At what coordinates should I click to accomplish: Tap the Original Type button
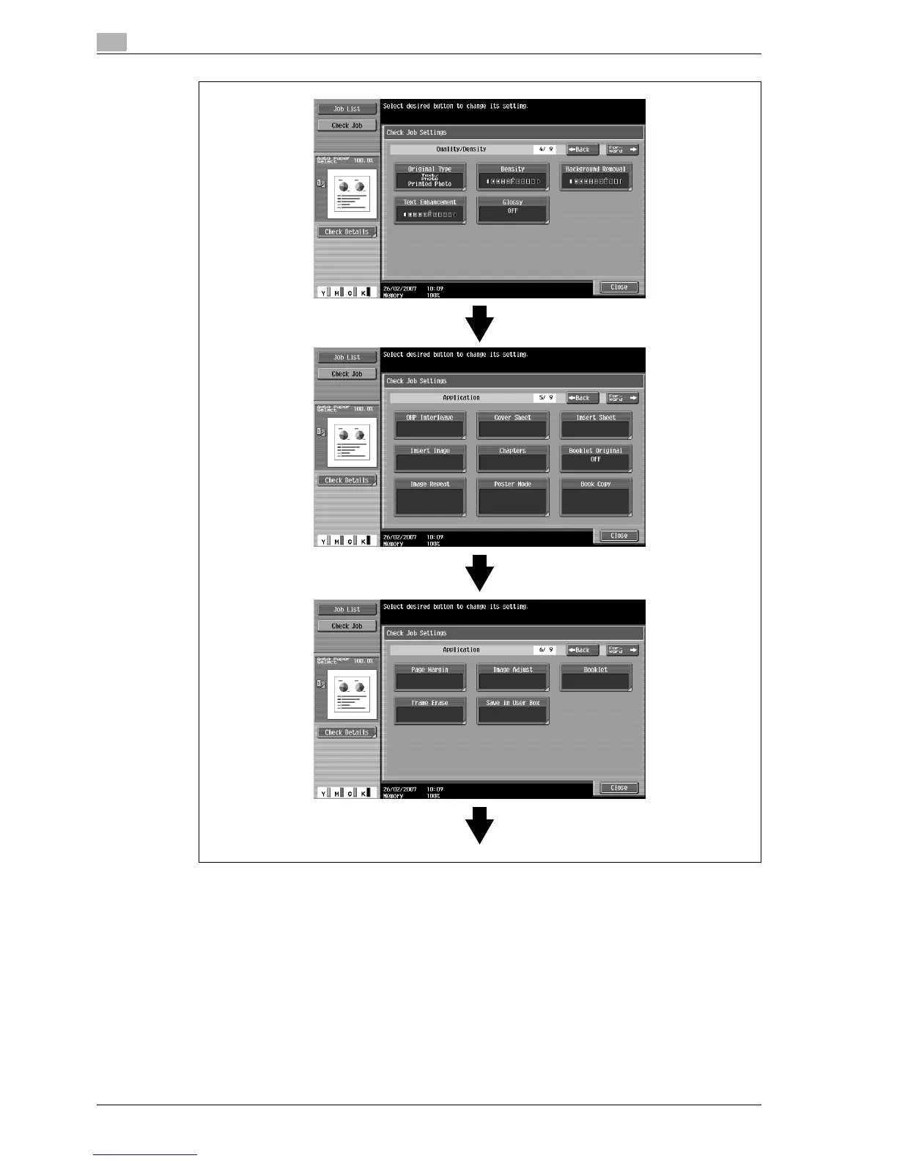(430, 177)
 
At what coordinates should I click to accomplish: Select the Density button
(513, 177)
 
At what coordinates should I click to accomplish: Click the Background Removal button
(596, 177)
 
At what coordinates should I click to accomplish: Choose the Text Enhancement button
(430, 210)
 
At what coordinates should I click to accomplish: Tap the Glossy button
(513, 210)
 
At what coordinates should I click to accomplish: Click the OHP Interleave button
(430, 425)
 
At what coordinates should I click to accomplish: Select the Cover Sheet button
(513, 425)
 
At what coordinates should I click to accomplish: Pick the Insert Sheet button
(596, 425)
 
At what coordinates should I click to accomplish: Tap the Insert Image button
(430, 458)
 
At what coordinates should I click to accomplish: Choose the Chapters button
(513, 458)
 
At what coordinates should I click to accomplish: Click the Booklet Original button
(596, 458)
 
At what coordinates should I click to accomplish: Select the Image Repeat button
(430, 498)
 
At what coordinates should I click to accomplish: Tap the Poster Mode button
(513, 498)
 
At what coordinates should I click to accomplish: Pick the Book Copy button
(596, 498)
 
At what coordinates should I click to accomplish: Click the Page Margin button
(430, 677)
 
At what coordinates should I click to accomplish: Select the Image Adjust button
(513, 677)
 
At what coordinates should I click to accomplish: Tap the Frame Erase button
(430, 710)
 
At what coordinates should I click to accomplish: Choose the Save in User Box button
(513, 710)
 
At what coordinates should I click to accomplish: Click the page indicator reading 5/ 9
(545, 398)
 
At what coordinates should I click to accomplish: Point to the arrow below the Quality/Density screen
(480, 323)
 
